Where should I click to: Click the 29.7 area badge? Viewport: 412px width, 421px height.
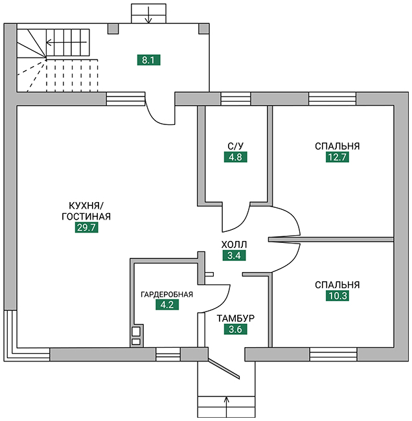(86, 227)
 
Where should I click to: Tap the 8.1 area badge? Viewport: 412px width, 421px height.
(148, 60)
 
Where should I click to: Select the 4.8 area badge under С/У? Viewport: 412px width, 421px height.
(235, 156)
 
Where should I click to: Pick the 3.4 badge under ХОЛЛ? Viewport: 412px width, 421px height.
(233, 255)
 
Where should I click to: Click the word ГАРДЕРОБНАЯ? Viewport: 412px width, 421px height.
(167, 295)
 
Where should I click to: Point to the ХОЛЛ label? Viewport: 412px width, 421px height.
(233, 244)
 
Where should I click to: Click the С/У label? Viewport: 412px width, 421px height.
(235, 145)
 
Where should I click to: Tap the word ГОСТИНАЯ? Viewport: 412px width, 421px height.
(86, 216)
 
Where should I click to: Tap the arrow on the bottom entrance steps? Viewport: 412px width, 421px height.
(227, 402)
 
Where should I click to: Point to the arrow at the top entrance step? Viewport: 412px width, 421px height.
(148, 15)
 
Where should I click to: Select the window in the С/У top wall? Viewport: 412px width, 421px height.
(235, 98)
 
